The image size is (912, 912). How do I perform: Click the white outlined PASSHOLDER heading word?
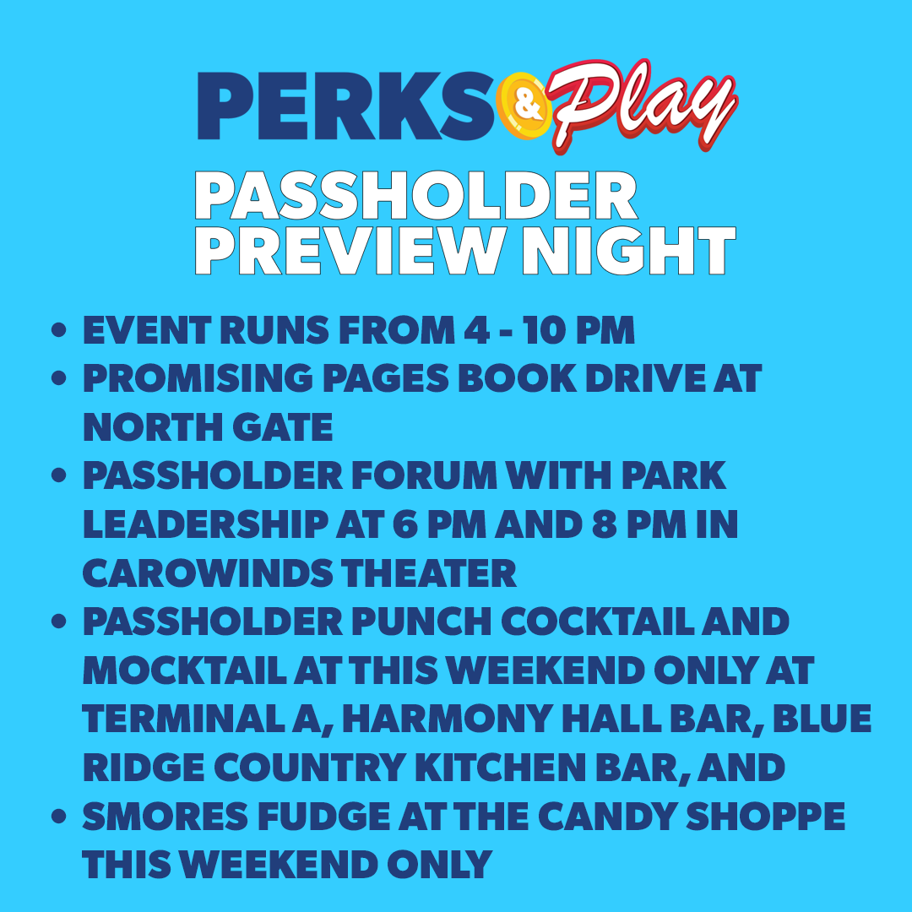[x=415, y=197]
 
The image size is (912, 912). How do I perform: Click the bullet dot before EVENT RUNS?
[x=58, y=332]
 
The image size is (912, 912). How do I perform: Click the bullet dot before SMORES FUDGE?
[x=58, y=817]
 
